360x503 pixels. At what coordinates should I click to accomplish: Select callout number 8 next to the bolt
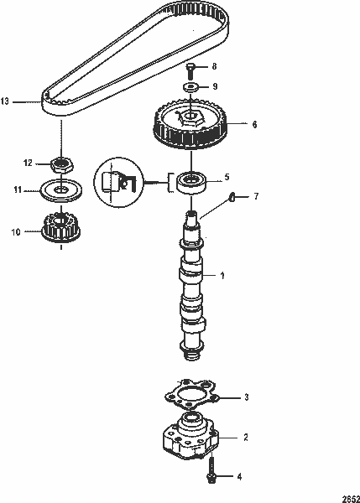213,65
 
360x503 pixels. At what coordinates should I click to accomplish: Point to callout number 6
244,124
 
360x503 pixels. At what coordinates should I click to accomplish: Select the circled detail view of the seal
118,180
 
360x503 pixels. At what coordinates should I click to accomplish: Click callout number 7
243,196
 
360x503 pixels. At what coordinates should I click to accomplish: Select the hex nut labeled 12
60,163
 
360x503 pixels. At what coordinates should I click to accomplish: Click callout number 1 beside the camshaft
222,275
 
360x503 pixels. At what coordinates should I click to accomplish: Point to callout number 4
239,477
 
